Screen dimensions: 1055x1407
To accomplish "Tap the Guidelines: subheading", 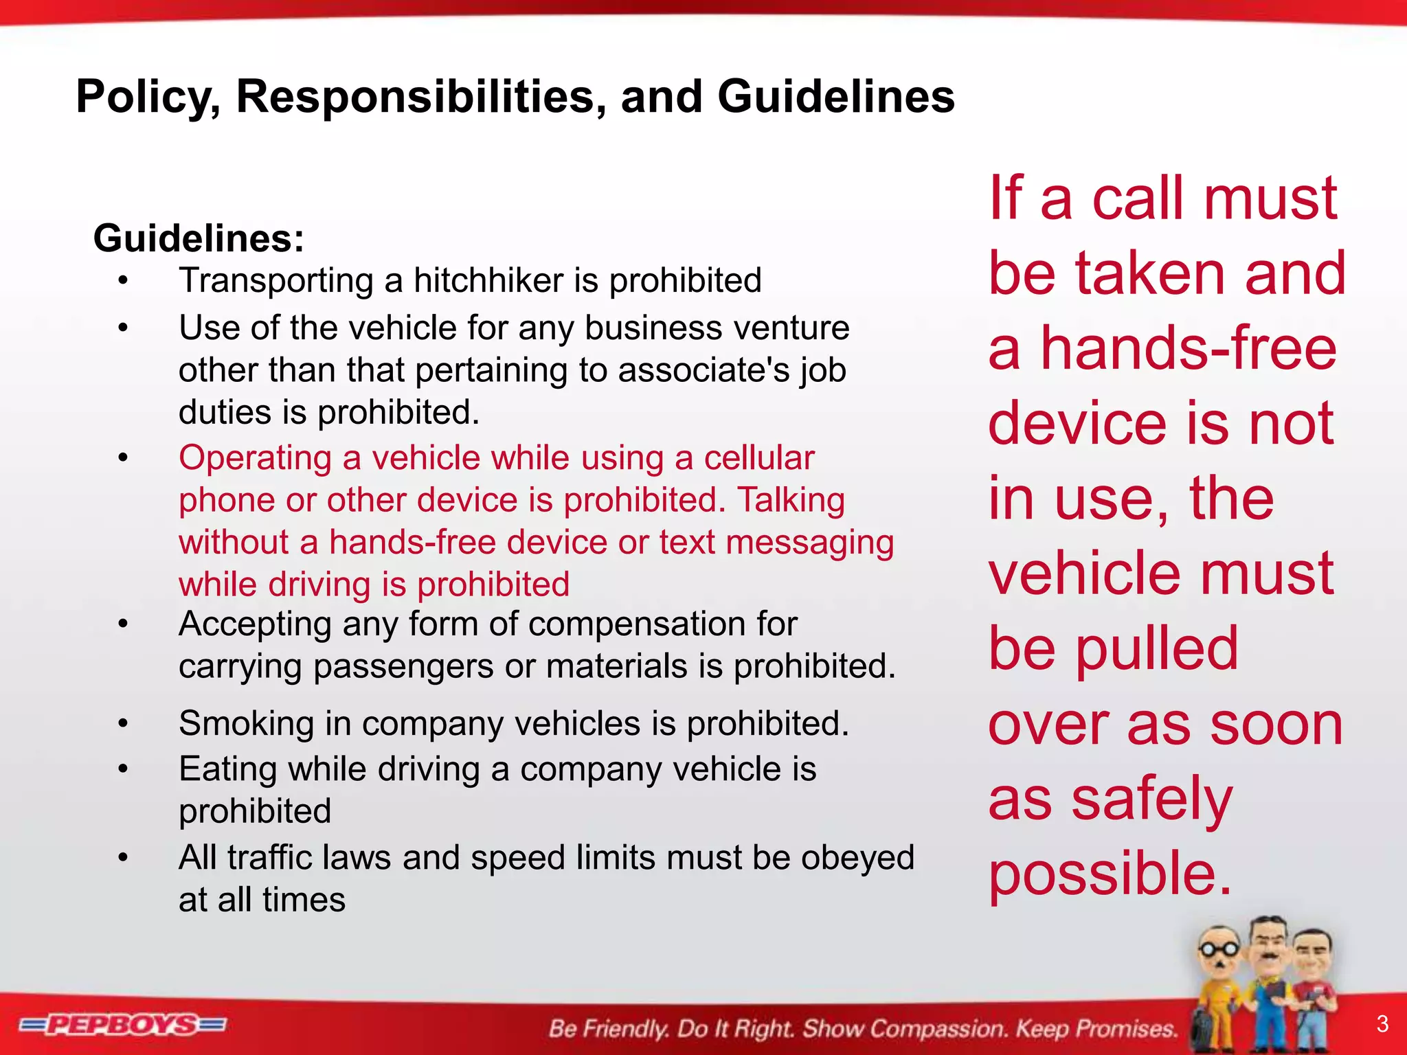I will [x=199, y=238].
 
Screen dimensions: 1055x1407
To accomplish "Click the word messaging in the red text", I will [x=810, y=543].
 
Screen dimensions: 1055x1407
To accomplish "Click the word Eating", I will [x=227, y=769].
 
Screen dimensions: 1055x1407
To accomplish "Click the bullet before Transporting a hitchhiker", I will [x=123, y=280].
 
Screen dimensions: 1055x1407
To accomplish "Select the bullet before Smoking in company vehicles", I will [x=123, y=723].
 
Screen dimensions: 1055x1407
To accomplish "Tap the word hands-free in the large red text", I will [x=1189, y=348].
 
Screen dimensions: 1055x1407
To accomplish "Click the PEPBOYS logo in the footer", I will [x=123, y=1025].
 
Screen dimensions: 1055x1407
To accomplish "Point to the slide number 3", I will [x=1382, y=1024].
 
